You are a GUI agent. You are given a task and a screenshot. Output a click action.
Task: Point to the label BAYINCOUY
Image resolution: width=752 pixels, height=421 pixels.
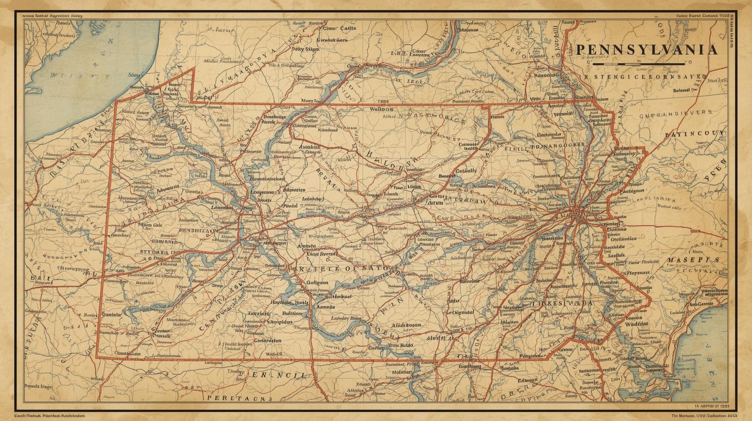[695, 134]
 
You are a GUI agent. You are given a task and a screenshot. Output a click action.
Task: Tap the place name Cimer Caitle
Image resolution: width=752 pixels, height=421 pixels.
[339, 28]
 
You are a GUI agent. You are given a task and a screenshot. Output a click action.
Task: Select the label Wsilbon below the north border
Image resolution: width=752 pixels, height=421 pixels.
[381, 109]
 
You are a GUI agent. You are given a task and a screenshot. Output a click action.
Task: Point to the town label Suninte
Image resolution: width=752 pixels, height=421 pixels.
[111, 314]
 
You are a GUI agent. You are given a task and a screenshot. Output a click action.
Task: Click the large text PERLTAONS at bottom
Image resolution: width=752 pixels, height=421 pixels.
[236, 398]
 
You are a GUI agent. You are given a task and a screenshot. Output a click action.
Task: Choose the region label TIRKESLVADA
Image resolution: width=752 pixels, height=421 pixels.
[563, 304]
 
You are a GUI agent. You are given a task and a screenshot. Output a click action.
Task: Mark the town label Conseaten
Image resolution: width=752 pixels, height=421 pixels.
[267, 340]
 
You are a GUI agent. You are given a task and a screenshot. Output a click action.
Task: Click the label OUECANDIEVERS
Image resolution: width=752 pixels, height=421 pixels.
[675, 113]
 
